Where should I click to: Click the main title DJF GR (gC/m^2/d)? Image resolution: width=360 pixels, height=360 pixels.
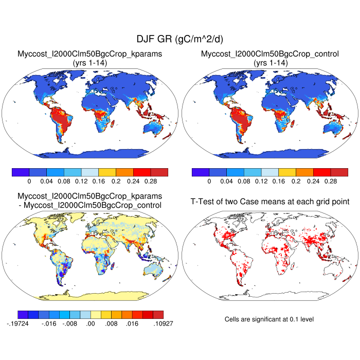coord(179,39)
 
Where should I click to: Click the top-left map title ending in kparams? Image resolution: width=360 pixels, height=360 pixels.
coord(90,53)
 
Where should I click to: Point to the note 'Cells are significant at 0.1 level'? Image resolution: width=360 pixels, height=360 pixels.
coord(269,319)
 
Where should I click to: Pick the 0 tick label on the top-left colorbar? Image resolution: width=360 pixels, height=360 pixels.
coord(29,182)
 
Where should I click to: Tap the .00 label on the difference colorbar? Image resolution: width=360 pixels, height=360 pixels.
coord(91,325)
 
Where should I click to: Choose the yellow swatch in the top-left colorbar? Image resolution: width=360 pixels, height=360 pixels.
coord(107,172)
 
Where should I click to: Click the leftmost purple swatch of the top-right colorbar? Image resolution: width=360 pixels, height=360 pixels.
coord(200,172)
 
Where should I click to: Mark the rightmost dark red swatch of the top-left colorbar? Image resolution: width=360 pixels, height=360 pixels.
coord(159,172)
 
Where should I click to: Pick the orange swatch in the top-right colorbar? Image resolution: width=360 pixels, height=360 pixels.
coord(304,172)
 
